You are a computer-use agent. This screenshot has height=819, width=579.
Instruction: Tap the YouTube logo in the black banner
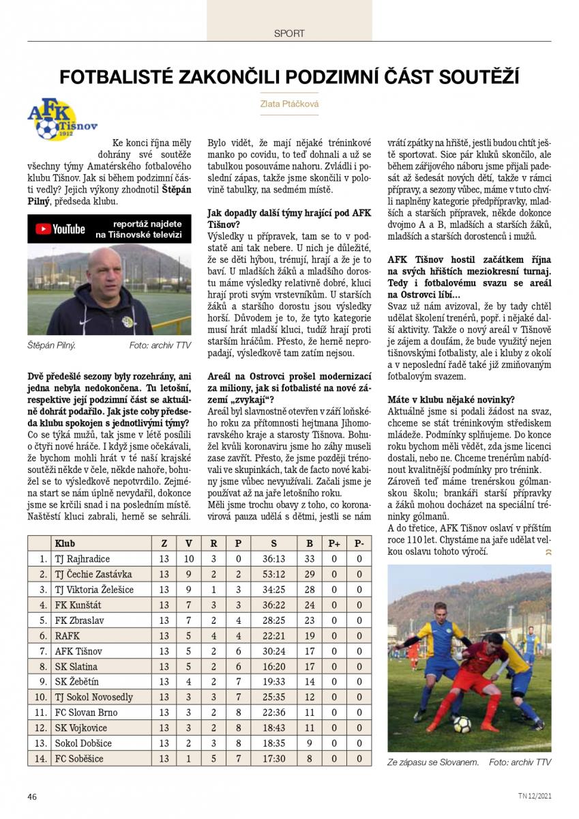pos(60,229)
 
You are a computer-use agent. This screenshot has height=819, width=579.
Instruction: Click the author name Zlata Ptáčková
pos(289,104)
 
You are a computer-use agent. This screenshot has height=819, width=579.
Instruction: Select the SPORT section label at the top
pos(289,33)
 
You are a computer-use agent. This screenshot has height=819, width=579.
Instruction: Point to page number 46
pos(32,796)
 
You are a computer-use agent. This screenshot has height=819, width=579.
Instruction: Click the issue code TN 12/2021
pos(534,796)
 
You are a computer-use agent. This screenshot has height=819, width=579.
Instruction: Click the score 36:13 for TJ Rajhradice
pos(273,559)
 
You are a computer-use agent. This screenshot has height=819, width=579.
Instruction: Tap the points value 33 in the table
pos(310,559)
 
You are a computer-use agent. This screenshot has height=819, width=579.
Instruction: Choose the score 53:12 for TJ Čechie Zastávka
pos(273,575)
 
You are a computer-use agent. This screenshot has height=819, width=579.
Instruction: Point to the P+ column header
pos(334,544)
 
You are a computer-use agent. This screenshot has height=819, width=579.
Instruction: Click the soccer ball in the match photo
pos(462,723)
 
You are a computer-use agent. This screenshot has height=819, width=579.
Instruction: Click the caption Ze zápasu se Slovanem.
pos(432,762)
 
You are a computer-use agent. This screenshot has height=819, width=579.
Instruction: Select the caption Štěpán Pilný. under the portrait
pos(51,345)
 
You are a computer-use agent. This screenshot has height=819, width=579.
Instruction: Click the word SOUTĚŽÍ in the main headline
pos(479,75)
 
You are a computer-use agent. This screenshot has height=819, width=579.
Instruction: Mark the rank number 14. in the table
pos(40,758)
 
